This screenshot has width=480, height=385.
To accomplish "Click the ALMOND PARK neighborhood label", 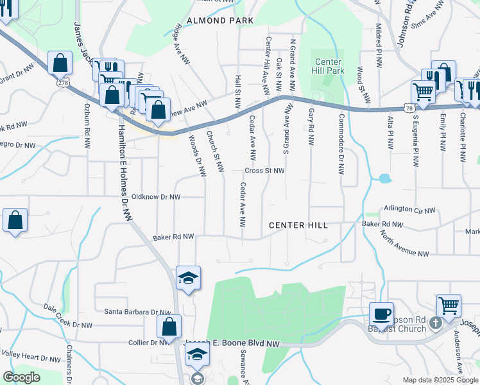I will pos(219,21).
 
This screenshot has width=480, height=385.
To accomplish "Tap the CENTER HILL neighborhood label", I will pos(298,225).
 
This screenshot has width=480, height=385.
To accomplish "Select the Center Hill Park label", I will pos(329,66).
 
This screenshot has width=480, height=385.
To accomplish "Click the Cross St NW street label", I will pos(264,171).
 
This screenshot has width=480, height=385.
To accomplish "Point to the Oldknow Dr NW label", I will pos(155,197).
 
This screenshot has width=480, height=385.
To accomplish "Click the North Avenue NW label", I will pos(404,244).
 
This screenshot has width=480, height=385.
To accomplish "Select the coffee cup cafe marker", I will pos(382,313).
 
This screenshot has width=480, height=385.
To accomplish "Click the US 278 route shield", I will pos(63,82).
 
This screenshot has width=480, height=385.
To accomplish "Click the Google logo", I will pos(21,377).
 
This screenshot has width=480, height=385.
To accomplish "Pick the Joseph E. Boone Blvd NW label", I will pos(234,343).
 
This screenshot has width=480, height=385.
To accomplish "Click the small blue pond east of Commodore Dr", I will pos(385,178).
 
